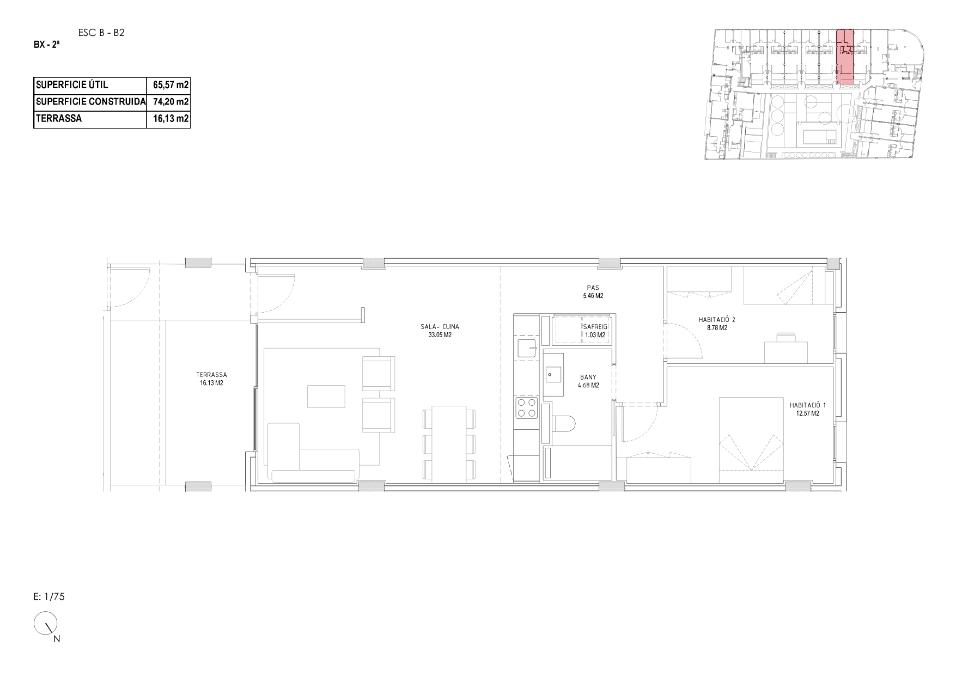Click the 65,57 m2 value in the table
click(x=171, y=86)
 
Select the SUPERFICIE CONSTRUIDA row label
click(x=90, y=102)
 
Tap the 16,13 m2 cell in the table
click(x=171, y=119)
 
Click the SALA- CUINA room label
click(x=440, y=327)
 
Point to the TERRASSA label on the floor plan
click(x=211, y=375)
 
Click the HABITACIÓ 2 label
click(x=717, y=320)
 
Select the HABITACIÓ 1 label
click(x=808, y=405)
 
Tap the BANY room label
click(x=588, y=377)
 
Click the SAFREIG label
click(x=595, y=327)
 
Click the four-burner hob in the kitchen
click(x=527, y=408)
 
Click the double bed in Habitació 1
click(x=752, y=440)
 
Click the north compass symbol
click(x=46, y=624)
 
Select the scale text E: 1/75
click(x=49, y=596)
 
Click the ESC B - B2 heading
click(x=102, y=33)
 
